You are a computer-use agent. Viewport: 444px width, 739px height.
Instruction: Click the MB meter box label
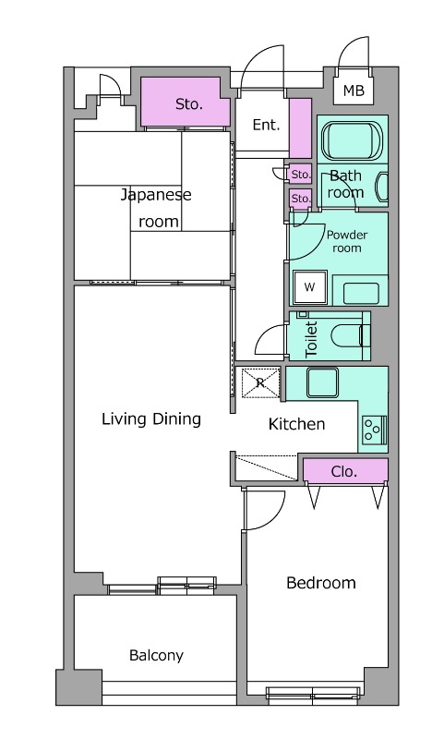click(354, 90)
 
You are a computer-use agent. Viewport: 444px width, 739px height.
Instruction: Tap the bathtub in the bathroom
click(353, 140)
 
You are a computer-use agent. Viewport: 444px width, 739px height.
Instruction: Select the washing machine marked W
click(310, 287)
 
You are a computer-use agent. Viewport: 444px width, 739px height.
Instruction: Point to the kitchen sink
click(322, 382)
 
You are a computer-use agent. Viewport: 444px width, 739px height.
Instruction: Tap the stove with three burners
click(375, 430)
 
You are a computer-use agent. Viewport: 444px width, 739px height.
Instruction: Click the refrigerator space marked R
click(260, 382)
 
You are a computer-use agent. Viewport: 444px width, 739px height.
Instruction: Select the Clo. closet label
click(343, 471)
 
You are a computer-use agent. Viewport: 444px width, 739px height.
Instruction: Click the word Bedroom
click(320, 583)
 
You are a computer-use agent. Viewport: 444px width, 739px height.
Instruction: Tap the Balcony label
click(156, 656)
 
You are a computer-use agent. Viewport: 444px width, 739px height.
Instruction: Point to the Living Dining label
click(151, 419)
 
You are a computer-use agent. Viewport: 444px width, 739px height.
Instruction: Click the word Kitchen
click(296, 424)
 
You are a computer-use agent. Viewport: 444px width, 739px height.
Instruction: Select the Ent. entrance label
click(266, 125)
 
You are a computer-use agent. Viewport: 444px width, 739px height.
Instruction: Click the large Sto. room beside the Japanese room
click(186, 103)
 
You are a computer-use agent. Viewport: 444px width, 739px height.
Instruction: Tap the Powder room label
click(347, 241)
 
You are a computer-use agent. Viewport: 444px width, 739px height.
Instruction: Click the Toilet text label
click(312, 339)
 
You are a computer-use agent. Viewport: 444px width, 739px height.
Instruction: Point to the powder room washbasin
click(361, 293)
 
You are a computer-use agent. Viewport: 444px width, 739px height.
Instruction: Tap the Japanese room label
click(156, 208)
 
